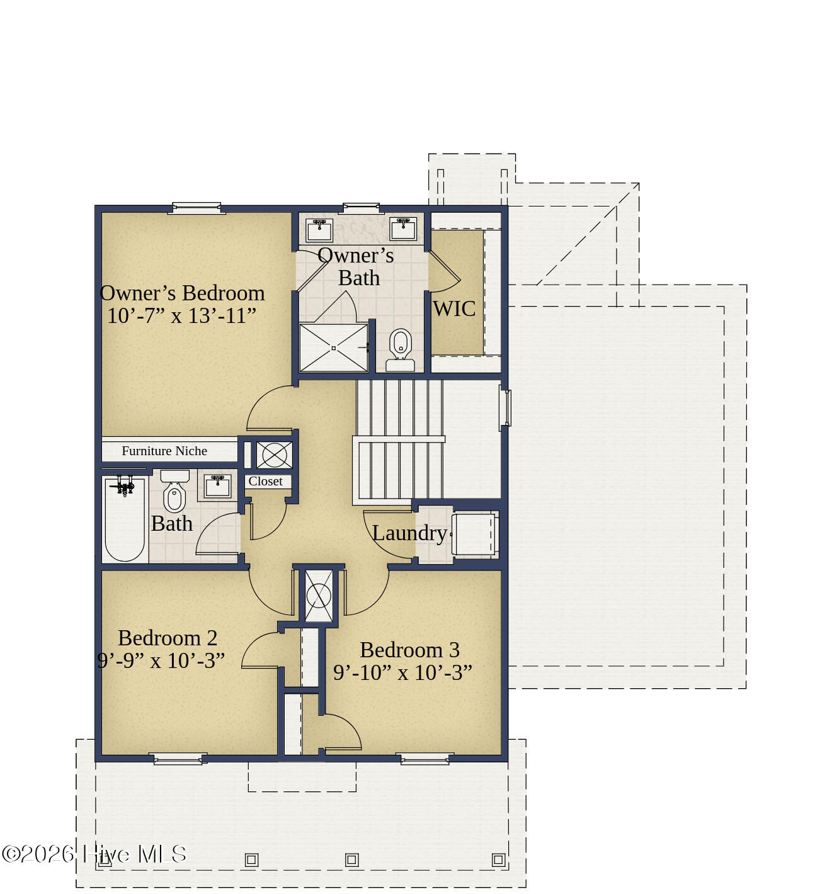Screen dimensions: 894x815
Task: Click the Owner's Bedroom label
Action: click(x=182, y=293)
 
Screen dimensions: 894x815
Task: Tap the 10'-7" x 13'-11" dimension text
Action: click(x=181, y=316)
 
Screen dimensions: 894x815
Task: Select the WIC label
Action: click(x=453, y=309)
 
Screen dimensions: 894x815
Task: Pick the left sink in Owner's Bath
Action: click(x=319, y=230)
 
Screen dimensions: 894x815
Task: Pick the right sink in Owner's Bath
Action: click(x=403, y=229)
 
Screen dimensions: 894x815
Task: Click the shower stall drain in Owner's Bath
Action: click(x=333, y=348)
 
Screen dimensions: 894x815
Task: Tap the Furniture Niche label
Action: click(x=164, y=451)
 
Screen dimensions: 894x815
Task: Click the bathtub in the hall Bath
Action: click(x=125, y=519)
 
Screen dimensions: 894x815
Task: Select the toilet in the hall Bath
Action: click(x=174, y=491)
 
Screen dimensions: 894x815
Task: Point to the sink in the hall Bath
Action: click(x=218, y=487)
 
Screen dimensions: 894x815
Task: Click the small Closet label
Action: click(x=265, y=482)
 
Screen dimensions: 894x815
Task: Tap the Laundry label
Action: click(x=409, y=533)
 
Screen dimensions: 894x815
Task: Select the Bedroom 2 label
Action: click(x=168, y=638)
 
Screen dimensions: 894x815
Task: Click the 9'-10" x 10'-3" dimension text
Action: click(x=402, y=673)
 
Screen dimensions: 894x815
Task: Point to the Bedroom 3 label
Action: click(x=409, y=650)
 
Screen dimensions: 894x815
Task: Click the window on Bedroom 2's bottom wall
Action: click(x=179, y=759)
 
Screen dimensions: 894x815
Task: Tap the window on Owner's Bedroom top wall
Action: click(x=197, y=208)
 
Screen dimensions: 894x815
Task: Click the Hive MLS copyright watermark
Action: click(x=94, y=854)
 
